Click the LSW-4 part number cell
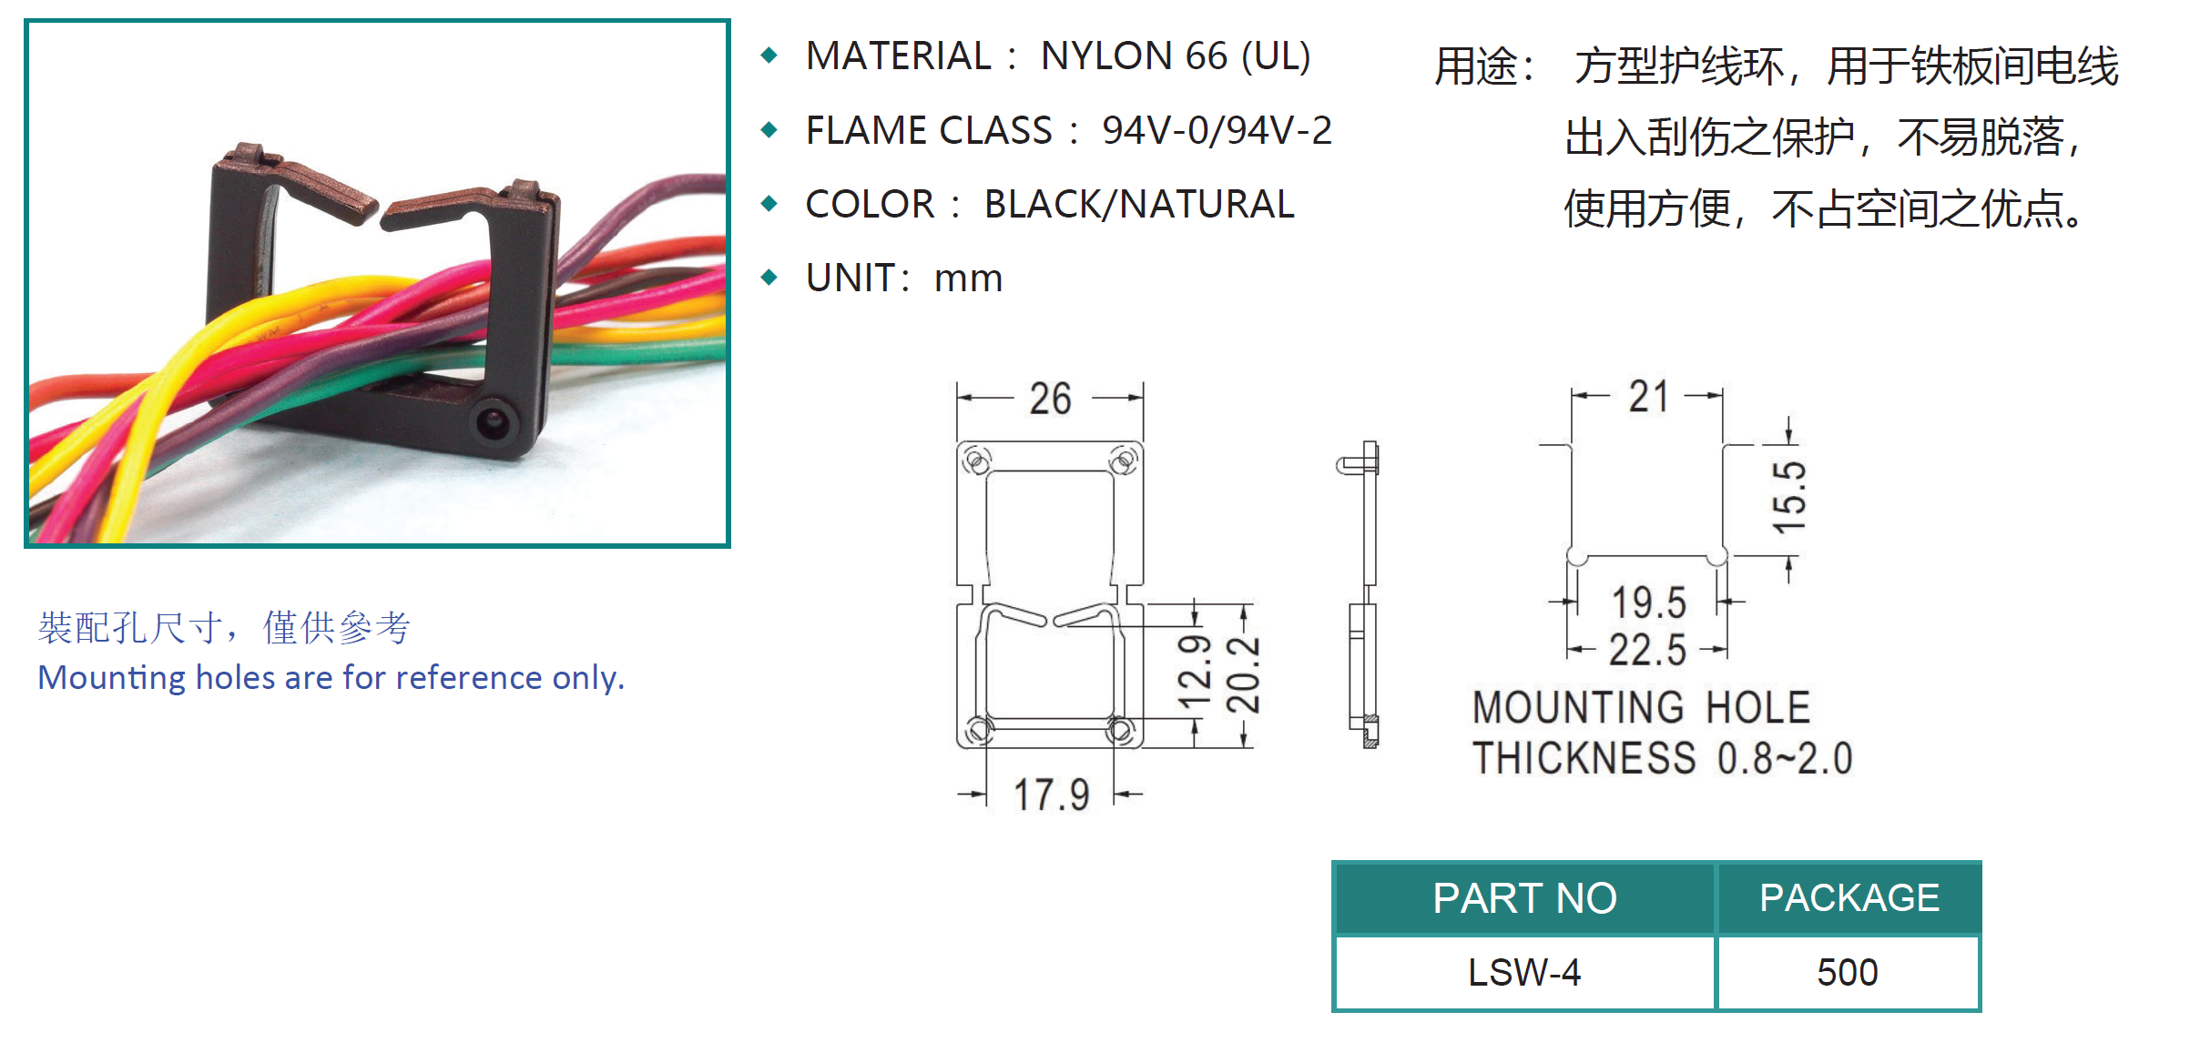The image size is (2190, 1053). point(1524,972)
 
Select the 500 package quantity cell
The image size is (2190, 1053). point(1848,972)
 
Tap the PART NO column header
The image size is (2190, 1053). point(1524,898)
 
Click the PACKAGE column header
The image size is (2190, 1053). point(1849,898)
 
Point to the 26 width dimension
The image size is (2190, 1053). point(1050,399)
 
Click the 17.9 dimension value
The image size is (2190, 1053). point(1052,795)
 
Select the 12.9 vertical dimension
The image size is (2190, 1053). point(1195,672)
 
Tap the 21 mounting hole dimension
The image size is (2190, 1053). point(1649,397)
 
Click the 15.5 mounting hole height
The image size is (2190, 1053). point(1789,497)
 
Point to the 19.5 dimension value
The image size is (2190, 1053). point(1649,602)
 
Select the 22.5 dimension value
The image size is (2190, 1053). point(1647,650)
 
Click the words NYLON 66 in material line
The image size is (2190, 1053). point(1134,56)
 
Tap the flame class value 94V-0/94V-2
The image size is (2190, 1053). point(1217,130)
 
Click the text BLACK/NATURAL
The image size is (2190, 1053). point(1139,204)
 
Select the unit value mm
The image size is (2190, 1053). point(968,278)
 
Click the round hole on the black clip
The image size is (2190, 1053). point(494,421)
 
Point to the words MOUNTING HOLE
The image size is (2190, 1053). point(1642,707)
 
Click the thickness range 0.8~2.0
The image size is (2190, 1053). point(1785,758)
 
